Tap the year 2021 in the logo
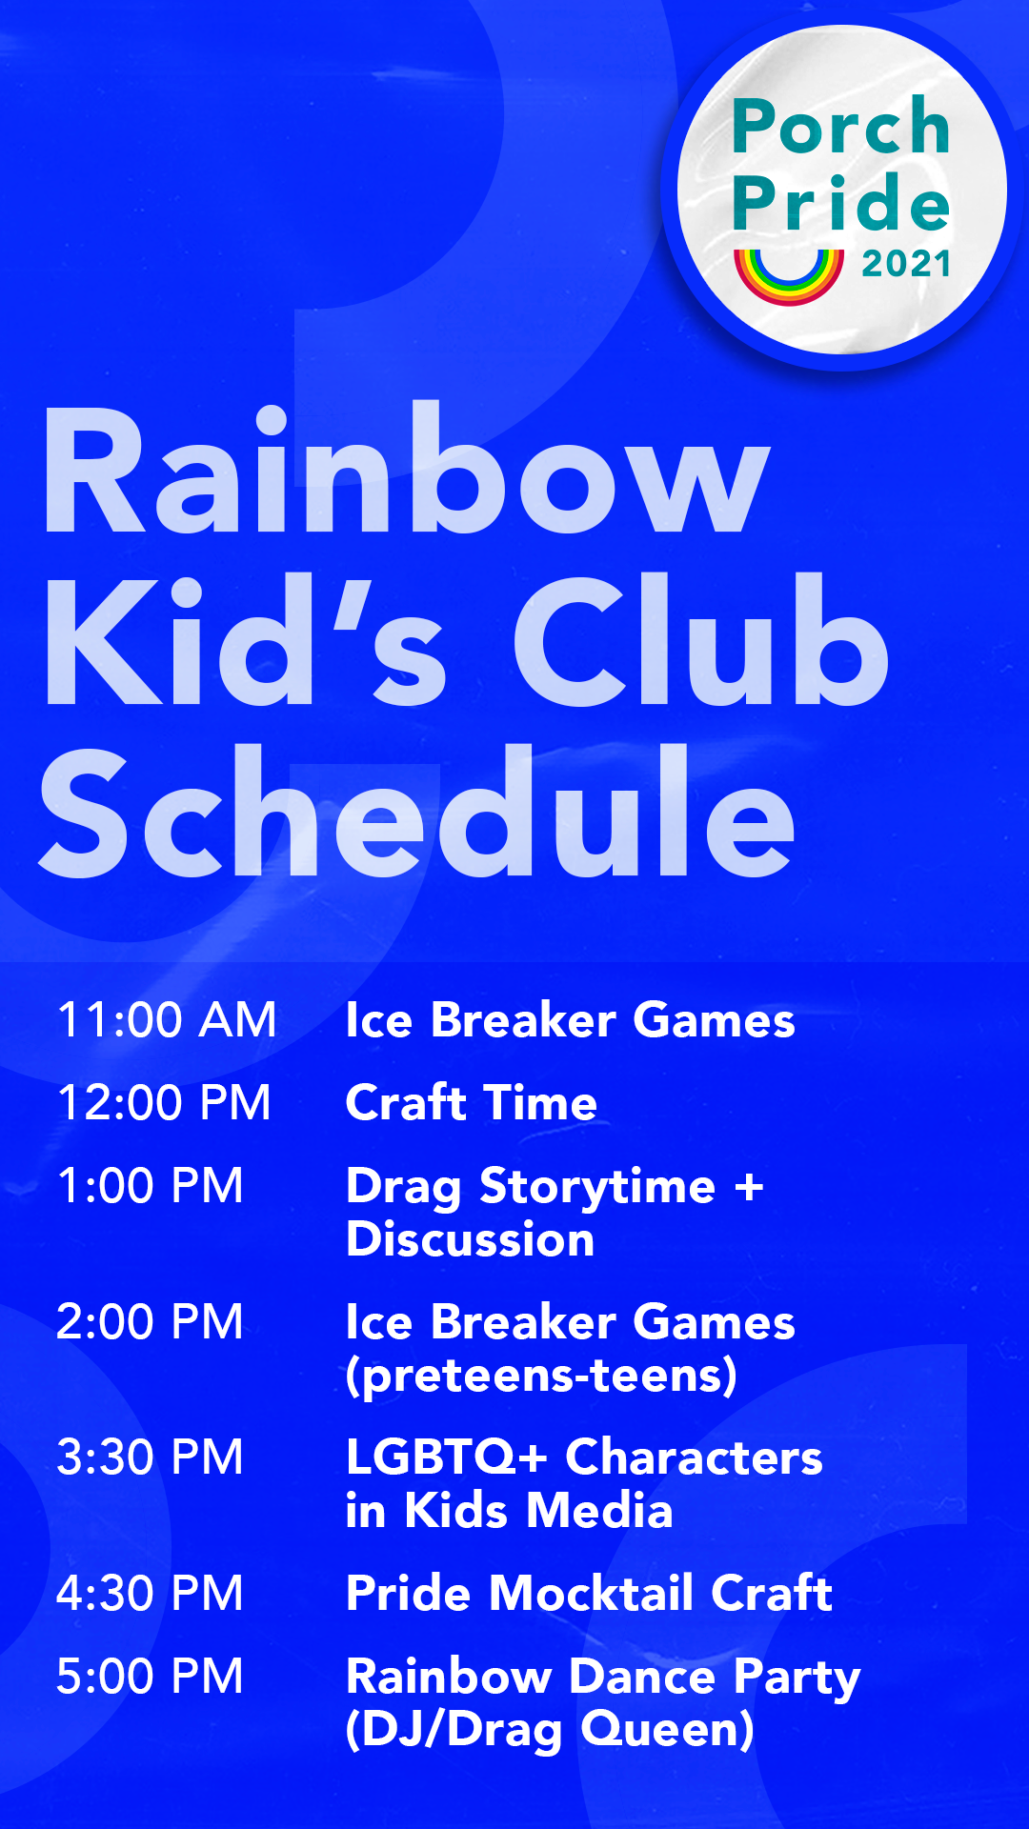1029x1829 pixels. pyautogui.click(x=906, y=264)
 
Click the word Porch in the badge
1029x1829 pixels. pyautogui.click(x=841, y=127)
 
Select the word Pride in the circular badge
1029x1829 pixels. pyautogui.click(x=841, y=203)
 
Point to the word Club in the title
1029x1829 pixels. pyautogui.click(x=700, y=643)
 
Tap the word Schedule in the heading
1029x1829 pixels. pyautogui.click(x=416, y=814)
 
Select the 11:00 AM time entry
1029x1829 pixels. pyautogui.click(x=167, y=1020)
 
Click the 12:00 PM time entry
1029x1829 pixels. pyautogui.click(x=164, y=1103)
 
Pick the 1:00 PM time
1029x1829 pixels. pyautogui.click(x=150, y=1186)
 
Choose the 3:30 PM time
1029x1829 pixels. pyautogui.click(x=150, y=1457)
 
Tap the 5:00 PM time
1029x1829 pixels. pyautogui.click(x=150, y=1677)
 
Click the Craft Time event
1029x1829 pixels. pyautogui.click(x=471, y=1103)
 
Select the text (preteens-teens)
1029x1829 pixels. pyautogui.click(x=541, y=1376)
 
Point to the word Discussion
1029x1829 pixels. pyautogui.click(x=470, y=1239)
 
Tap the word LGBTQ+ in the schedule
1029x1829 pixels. pyautogui.click(x=446, y=1457)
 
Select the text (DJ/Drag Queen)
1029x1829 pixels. pyautogui.click(x=550, y=1730)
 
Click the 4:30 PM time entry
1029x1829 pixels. pyautogui.click(x=150, y=1594)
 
